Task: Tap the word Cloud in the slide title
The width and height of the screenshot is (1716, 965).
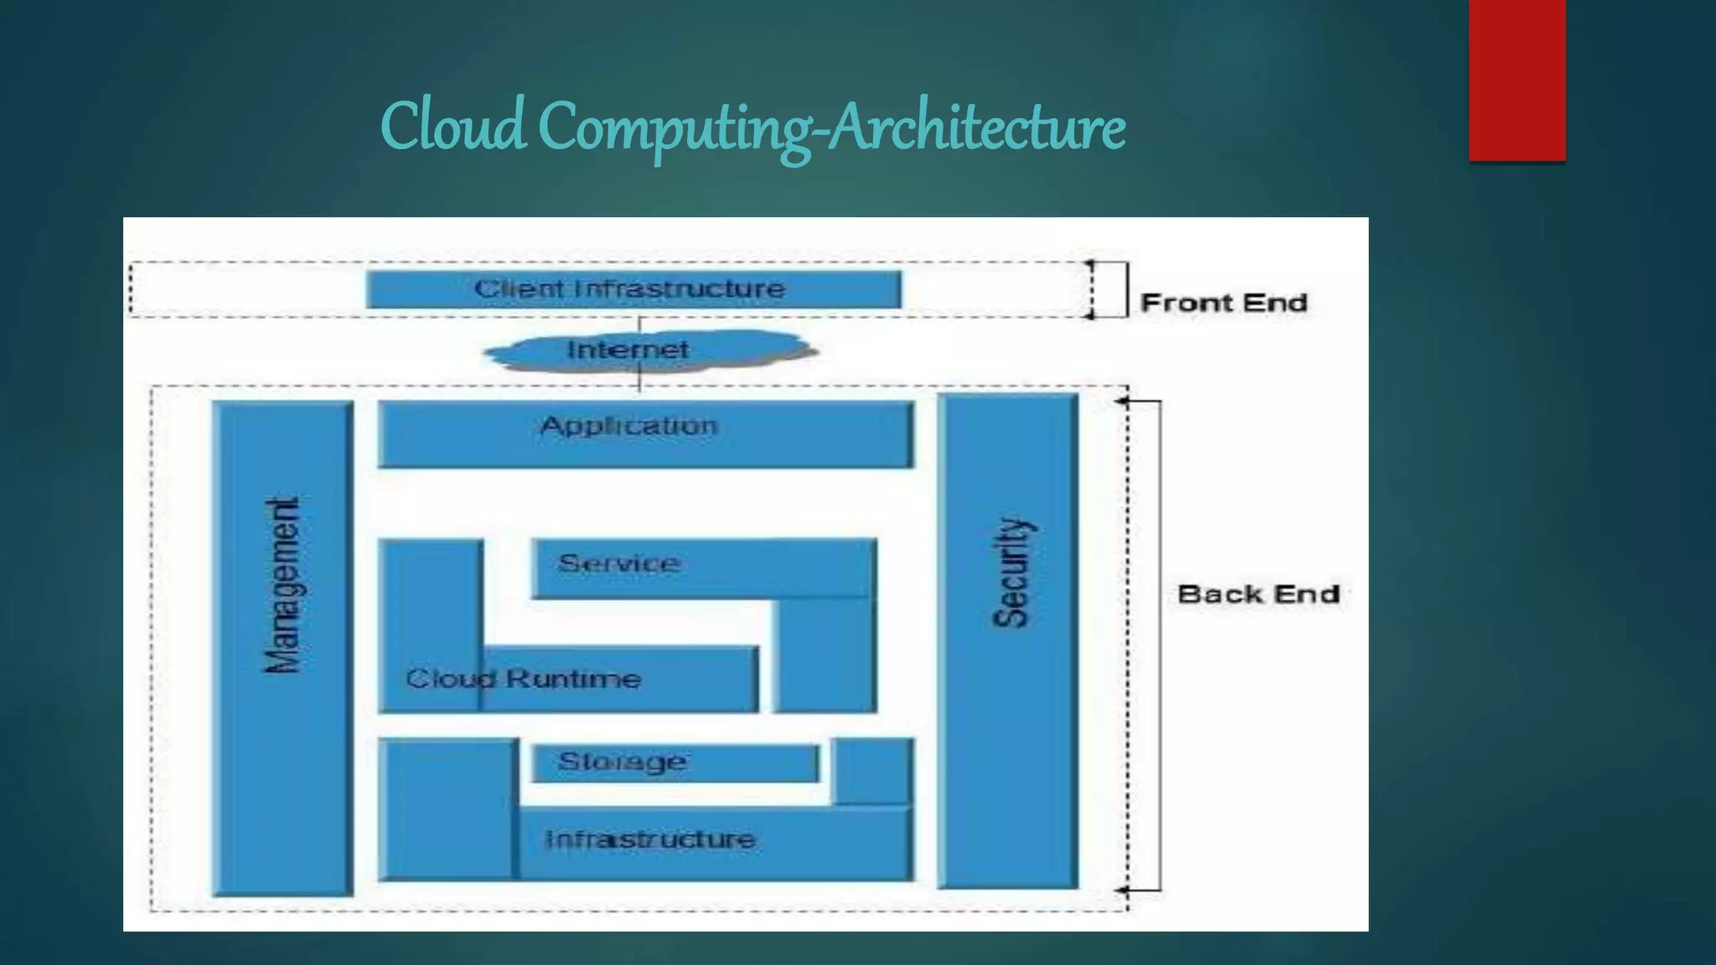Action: [x=452, y=127]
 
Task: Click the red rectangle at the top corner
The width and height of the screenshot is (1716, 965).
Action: [x=1517, y=80]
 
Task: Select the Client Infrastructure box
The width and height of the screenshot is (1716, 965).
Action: [x=633, y=289]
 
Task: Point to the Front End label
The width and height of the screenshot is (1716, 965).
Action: [x=1223, y=302]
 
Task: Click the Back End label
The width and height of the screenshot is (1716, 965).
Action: [x=1258, y=594]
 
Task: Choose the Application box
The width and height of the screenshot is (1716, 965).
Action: [x=645, y=434]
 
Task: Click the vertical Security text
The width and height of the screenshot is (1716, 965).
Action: [x=1011, y=573]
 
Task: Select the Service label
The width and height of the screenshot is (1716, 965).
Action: [x=618, y=563]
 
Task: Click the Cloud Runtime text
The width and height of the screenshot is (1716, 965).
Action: [x=523, y=679]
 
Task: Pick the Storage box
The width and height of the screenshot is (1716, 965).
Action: [x=675, y=762]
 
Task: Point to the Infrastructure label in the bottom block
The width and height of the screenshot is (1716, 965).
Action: [x=650, y=839]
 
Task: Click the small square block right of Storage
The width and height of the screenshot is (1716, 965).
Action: [x=873, y=771]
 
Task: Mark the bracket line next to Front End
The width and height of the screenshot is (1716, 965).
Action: [x=1127, y=290]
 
